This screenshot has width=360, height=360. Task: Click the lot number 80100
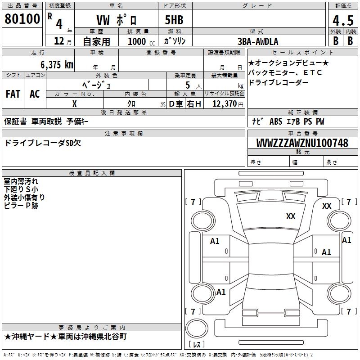tap(22, 19)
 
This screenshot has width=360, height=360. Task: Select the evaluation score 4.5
tap(343, 21)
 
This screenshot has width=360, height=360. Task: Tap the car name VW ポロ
tap(117, 20)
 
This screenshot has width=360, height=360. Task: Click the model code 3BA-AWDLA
tap(258, 41)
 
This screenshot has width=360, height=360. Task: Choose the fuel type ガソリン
tap(175, 41)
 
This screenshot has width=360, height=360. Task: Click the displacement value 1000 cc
tap(140, 41)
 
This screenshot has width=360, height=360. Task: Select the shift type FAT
tap(13, 94)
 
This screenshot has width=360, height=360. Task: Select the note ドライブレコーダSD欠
tap(42, 143)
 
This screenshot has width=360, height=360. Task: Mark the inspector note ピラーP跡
tap(21, 205)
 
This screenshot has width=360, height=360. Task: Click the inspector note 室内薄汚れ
tap(21, 181)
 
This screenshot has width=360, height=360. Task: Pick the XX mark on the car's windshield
tap(291, 216)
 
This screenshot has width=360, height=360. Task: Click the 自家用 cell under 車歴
tap(96, 41)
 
